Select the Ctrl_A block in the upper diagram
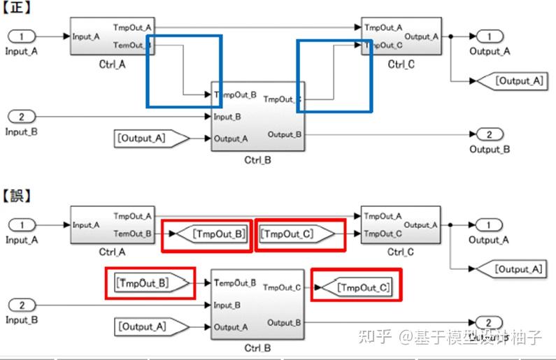(112, 36)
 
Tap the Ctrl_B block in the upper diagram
(257, 115)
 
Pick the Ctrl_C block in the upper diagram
(401, 36)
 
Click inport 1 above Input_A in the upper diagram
(22, 36)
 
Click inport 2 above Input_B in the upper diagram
(22, 117)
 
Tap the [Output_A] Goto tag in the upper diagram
(518, 81)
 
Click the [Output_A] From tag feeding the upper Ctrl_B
(150, 138)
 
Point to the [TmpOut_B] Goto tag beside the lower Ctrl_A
(214, 234)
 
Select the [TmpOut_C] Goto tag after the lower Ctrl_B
(357, 287)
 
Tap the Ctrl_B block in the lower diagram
(257, 304)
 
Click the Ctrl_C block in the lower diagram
(400, 225)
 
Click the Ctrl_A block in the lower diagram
(112, 225)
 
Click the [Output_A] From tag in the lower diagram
(150, 326)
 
